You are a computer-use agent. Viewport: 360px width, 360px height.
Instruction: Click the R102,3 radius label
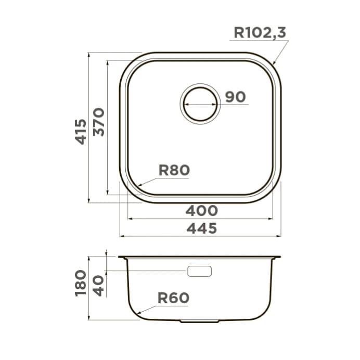[x=260, y=32]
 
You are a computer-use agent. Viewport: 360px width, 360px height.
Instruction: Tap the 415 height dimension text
[x=81, y=132]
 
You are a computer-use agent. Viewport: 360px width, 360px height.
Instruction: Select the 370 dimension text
[x=99, y=122]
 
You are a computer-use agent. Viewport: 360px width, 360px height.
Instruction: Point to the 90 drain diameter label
[x=235, y=97]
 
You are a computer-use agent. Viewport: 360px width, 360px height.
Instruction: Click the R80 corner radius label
[x=174, y=170]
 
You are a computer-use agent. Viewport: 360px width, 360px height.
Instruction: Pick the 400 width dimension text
[x=201, y=211]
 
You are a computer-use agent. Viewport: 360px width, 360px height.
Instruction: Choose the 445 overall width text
[x=201, y=228]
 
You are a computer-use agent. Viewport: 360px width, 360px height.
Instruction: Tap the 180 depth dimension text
[x=81, y=283]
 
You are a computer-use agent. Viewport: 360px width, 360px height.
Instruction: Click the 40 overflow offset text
[x=98, y=286]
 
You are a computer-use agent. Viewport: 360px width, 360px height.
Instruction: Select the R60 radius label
[x=173, y=298]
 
